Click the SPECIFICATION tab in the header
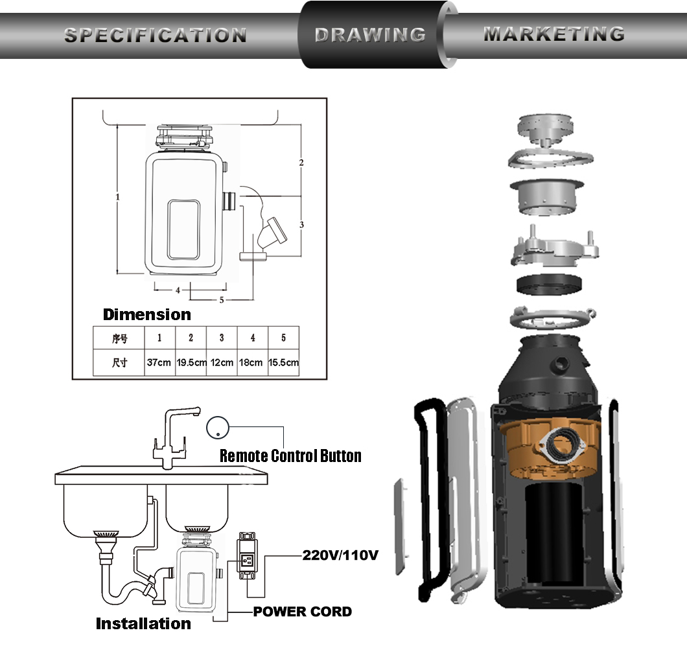[x=156, y=36]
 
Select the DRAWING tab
[x=370, y=35]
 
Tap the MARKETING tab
[x=554, y=34]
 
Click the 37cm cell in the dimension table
[x=159, y=363]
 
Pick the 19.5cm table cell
[x=191, y=363]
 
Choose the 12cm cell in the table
[x=222, y=363]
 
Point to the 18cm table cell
[x=252, y=363]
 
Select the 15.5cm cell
[x=283, y=363]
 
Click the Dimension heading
[x=146, y=314]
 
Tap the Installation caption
[x=143, y=623]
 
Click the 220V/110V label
[x=340, y=555]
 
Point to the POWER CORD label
[x=302, y=612]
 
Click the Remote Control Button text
[x=290, y=456]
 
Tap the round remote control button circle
[x=218, y=427]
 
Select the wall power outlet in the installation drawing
[x=247, y=556]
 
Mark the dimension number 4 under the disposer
[x=178, y=290]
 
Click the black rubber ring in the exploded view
[x=550, y=284]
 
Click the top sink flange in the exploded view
[x=546, y=129]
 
